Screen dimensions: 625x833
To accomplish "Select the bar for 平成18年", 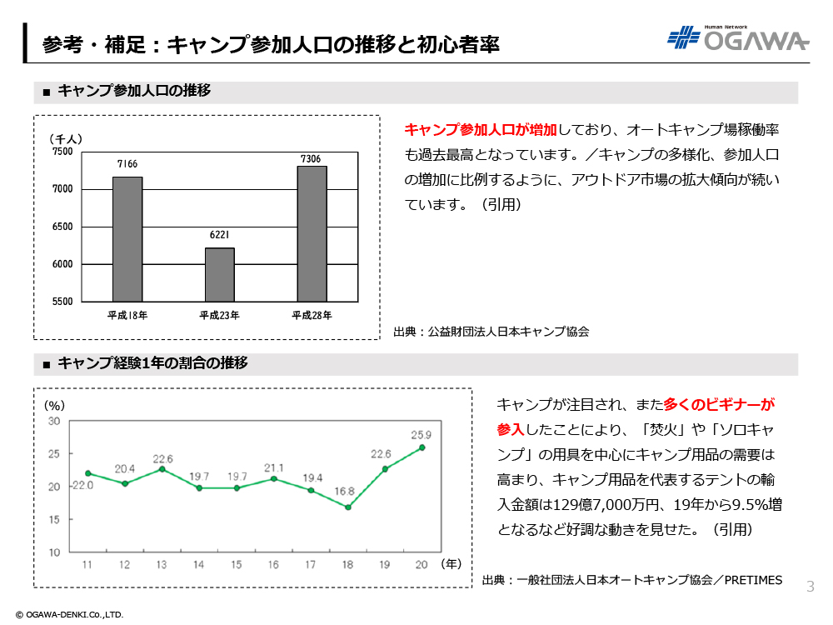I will [127, 238].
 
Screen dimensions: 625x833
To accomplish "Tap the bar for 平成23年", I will [220, 274].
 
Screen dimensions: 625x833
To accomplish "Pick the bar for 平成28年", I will [312, 233].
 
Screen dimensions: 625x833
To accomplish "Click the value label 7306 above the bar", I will [312, 158].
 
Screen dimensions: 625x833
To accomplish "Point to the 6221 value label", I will [220, 237].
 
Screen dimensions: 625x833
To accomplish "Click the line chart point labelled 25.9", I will [422, 447].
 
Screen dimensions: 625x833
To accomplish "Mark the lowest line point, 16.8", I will [347, 507].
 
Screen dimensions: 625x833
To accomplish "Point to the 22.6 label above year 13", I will [163, 459].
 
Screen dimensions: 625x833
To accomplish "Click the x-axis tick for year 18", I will [347, 565].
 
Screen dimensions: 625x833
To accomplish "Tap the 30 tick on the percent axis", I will [54, 422].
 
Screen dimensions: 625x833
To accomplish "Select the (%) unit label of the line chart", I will [54, 405].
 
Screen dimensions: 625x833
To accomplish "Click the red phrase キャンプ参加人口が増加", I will [480, 130].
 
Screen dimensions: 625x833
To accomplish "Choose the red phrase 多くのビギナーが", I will [719, 406].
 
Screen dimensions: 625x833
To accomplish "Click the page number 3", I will [810, 586].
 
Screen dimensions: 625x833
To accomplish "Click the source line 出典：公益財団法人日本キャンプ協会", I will [491, 332].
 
